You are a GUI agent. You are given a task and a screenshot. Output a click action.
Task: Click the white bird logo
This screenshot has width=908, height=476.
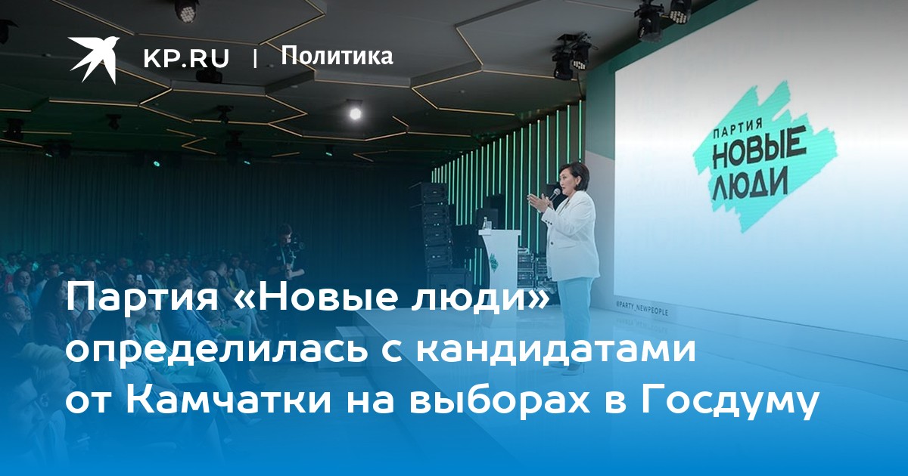pos(93,59)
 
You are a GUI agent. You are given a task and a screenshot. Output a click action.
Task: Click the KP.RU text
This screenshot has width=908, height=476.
pos(186,58)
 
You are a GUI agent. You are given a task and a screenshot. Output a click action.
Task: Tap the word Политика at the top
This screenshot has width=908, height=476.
pos(337,56)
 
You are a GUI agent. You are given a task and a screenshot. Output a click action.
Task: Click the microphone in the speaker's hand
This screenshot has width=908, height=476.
pos(554,194)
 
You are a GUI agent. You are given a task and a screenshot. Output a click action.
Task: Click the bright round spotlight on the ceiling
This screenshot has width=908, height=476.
pos(355,114)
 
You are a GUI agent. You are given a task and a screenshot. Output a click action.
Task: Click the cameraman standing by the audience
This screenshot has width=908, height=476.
pos(285,255)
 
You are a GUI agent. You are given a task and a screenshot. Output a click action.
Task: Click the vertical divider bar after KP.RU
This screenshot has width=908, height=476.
pos(255,59)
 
